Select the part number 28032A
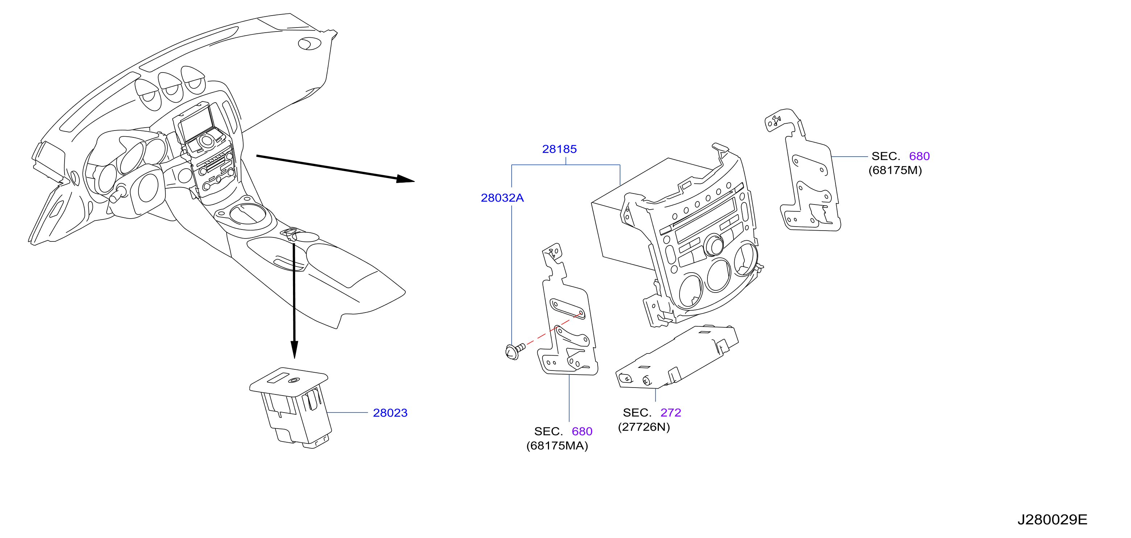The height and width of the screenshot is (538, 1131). click(502, 198)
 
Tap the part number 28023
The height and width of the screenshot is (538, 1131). click(390, 413)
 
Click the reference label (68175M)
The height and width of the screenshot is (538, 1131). click(895, 170)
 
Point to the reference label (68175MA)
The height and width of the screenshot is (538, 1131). click(557, 446)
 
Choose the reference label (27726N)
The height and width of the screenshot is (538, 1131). click(644, 427)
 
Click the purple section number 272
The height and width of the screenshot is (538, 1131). click(670, 413)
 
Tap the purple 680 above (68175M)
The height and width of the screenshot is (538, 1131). click(919, 156)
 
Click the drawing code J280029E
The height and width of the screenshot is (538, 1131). click(1052, 520)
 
